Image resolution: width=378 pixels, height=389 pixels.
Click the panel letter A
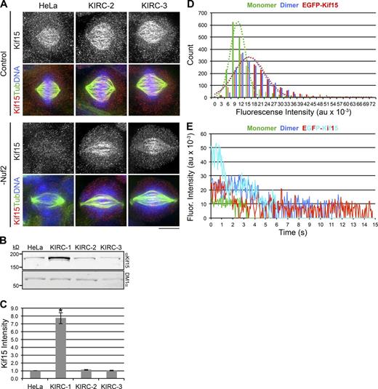click(5, 6)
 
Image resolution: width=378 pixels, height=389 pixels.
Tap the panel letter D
click(201, 6)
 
